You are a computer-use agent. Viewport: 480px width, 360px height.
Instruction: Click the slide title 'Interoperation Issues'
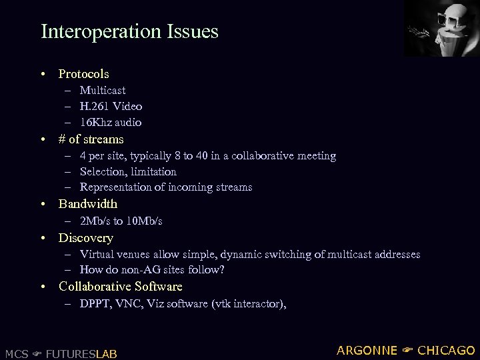coord(129,31)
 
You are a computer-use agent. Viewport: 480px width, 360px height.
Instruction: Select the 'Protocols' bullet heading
coord(83,74)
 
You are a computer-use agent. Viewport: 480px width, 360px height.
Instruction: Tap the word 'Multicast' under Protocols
coord(103,90)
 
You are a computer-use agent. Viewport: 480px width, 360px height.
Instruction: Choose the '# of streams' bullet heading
coord(91,139)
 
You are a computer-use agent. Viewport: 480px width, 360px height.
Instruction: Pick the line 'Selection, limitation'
coord(128,171)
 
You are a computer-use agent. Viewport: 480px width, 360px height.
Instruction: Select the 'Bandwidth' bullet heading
coord(87,204)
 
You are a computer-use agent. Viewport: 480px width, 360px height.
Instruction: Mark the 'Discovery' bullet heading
coord(85,238)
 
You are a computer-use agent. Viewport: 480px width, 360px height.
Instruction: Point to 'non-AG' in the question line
coord(144,270)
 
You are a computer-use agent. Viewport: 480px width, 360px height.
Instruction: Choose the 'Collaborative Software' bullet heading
coord(120,287)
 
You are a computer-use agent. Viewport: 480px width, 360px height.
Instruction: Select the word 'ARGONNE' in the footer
coord(367,351)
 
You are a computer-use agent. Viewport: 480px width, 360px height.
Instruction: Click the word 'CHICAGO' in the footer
coord(446,351)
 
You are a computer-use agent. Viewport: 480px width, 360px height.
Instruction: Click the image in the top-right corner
coord(441,29)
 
